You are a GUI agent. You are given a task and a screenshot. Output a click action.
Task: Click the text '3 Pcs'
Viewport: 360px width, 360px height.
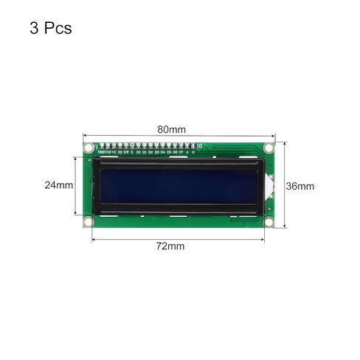(x=51, y=30)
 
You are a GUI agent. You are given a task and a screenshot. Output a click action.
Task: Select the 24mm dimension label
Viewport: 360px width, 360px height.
(x=58, y=185)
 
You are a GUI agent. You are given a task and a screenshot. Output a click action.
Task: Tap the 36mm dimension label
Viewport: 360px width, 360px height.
(x=300, y=186)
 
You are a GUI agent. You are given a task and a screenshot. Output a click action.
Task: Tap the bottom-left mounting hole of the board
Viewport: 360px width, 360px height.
(x=88, y=221)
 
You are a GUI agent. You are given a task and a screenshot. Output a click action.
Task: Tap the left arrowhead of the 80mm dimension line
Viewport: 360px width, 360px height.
(x=84, y=136)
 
